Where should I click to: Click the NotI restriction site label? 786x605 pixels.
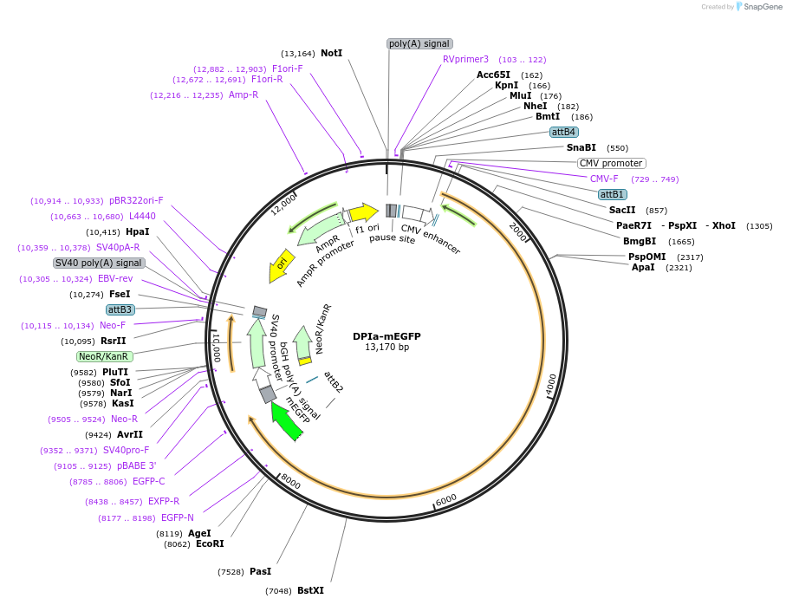tap(331, 53)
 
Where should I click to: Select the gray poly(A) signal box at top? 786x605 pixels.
tap(419, 43)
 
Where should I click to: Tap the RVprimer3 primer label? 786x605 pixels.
tap(465, 60)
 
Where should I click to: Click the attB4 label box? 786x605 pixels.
tap(563, 132)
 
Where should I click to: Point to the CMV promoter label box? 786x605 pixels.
tap(611, 163)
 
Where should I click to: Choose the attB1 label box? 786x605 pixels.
tap(613, 194)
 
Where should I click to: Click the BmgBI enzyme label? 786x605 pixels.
tap(640, 241)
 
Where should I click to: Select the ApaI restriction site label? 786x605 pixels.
tap(643, 267)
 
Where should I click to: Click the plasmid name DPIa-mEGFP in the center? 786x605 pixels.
tap(387, 336)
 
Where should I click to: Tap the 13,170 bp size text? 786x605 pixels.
tap(387, 348)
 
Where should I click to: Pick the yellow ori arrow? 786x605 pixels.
tap(279, 265)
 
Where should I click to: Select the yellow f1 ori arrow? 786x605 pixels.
tap(364, 212)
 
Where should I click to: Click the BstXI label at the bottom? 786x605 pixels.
tap(310, 590)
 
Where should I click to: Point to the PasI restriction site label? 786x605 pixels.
tap(260, 571)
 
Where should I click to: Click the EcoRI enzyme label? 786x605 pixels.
tap(210, 543)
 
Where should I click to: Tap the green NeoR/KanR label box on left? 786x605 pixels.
tap(104, 356)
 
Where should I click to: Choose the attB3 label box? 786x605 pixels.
tap(120, 309)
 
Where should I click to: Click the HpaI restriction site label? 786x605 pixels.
tap(137, 231)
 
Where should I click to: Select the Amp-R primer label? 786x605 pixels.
tap(244, 94)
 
